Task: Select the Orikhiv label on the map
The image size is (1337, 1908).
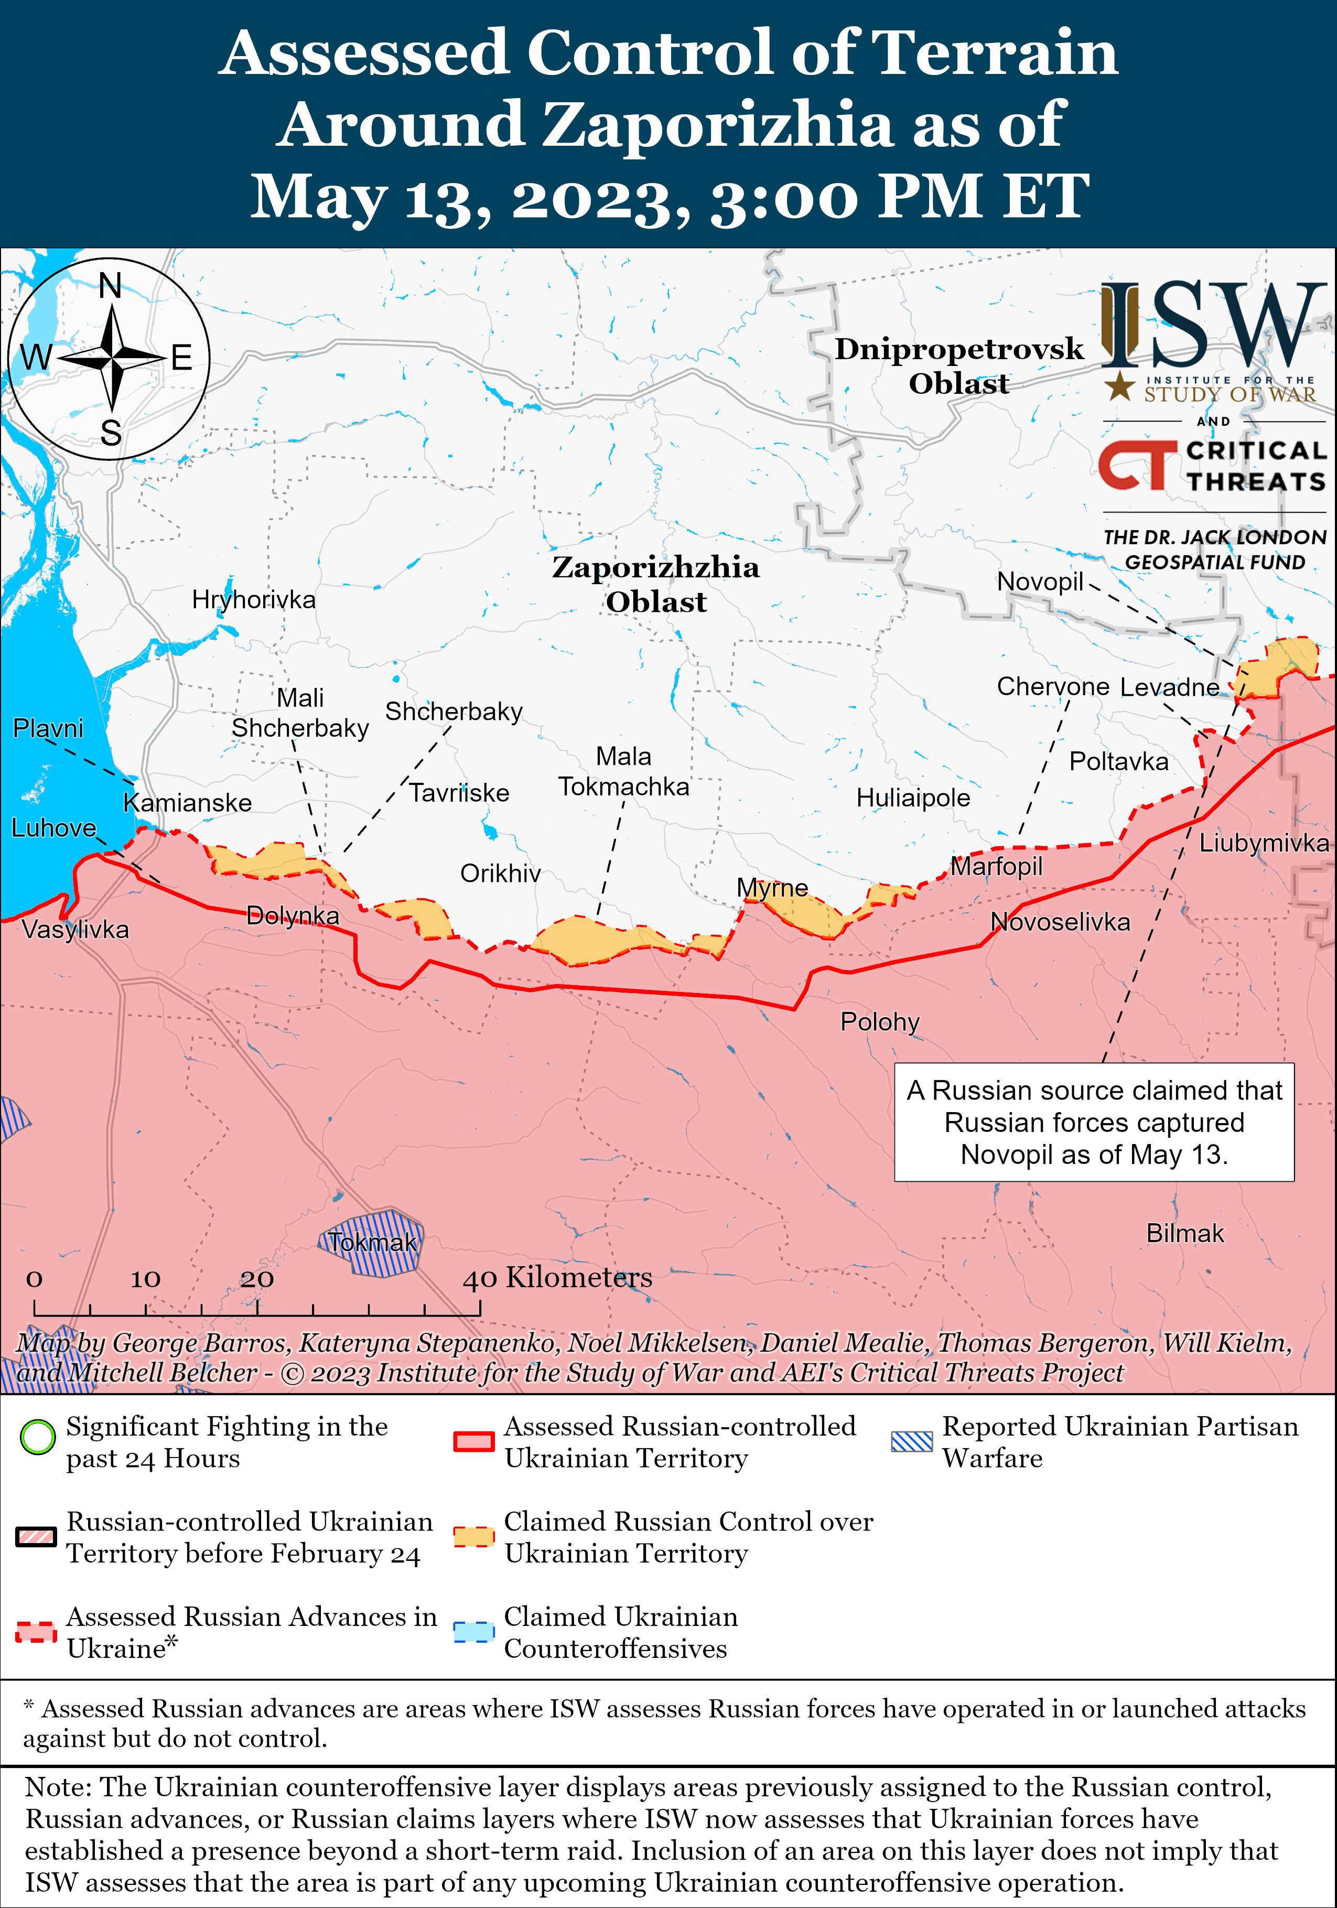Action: (x=500, y=874)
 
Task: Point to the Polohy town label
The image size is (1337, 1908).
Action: (x=879, y=1021)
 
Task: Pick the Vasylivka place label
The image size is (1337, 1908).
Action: (x=76, y=929)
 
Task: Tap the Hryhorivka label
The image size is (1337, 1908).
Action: (x=253, y=599)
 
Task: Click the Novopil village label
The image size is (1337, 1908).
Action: (x=1040, y=581)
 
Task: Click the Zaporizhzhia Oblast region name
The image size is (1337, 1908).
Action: (x=655, y=584)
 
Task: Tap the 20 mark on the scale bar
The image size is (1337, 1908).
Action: (x=257, y=1279)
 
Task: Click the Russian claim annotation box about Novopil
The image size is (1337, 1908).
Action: (x=1094, y=1122)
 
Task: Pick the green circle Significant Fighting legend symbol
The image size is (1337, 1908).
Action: (x=37, y=1437)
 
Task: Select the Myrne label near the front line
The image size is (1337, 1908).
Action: (x=772, y=888)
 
